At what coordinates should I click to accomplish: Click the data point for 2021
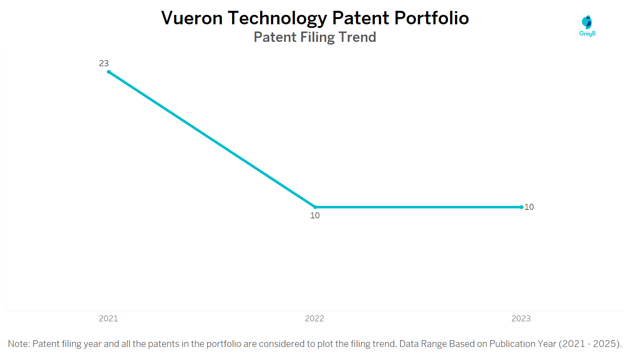coord(108,72)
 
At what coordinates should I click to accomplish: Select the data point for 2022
coord(315,207)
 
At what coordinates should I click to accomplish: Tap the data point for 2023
coord(522,207)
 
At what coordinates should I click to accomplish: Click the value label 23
coord(104,63)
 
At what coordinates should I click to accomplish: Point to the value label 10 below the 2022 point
coord(315,216)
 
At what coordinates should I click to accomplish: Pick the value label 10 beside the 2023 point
coord(529,207)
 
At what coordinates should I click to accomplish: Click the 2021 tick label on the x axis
coord(108,319)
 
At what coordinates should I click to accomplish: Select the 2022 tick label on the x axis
coord(315,319)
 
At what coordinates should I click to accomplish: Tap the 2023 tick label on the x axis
coord(521,319)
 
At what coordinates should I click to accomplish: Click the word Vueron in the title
coord(192,18)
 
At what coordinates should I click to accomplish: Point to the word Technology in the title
coord(277,18)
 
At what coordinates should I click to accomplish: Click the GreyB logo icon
coord(587,22)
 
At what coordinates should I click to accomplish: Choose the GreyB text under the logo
coord(587,34)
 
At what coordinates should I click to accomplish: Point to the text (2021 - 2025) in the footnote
coord(590,344)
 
